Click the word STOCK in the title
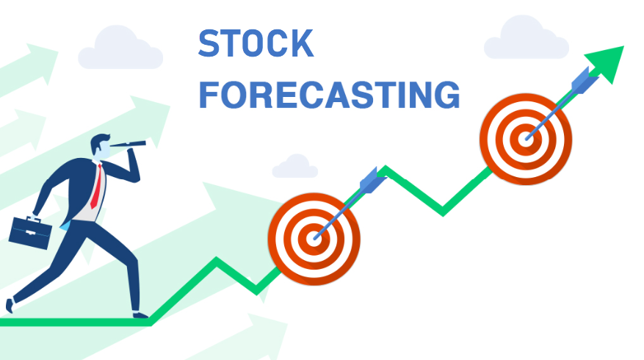(256, 43)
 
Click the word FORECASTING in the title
(330, 95)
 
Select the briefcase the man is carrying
(30, 233)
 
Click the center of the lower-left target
(314, 239)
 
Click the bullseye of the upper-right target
(526, 140)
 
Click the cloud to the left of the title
(120, 48)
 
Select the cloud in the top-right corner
(526, 37)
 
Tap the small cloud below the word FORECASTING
(295, 166)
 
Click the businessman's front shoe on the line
(140, 314)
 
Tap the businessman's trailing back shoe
(10, 306)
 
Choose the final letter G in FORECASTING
(448, 95)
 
